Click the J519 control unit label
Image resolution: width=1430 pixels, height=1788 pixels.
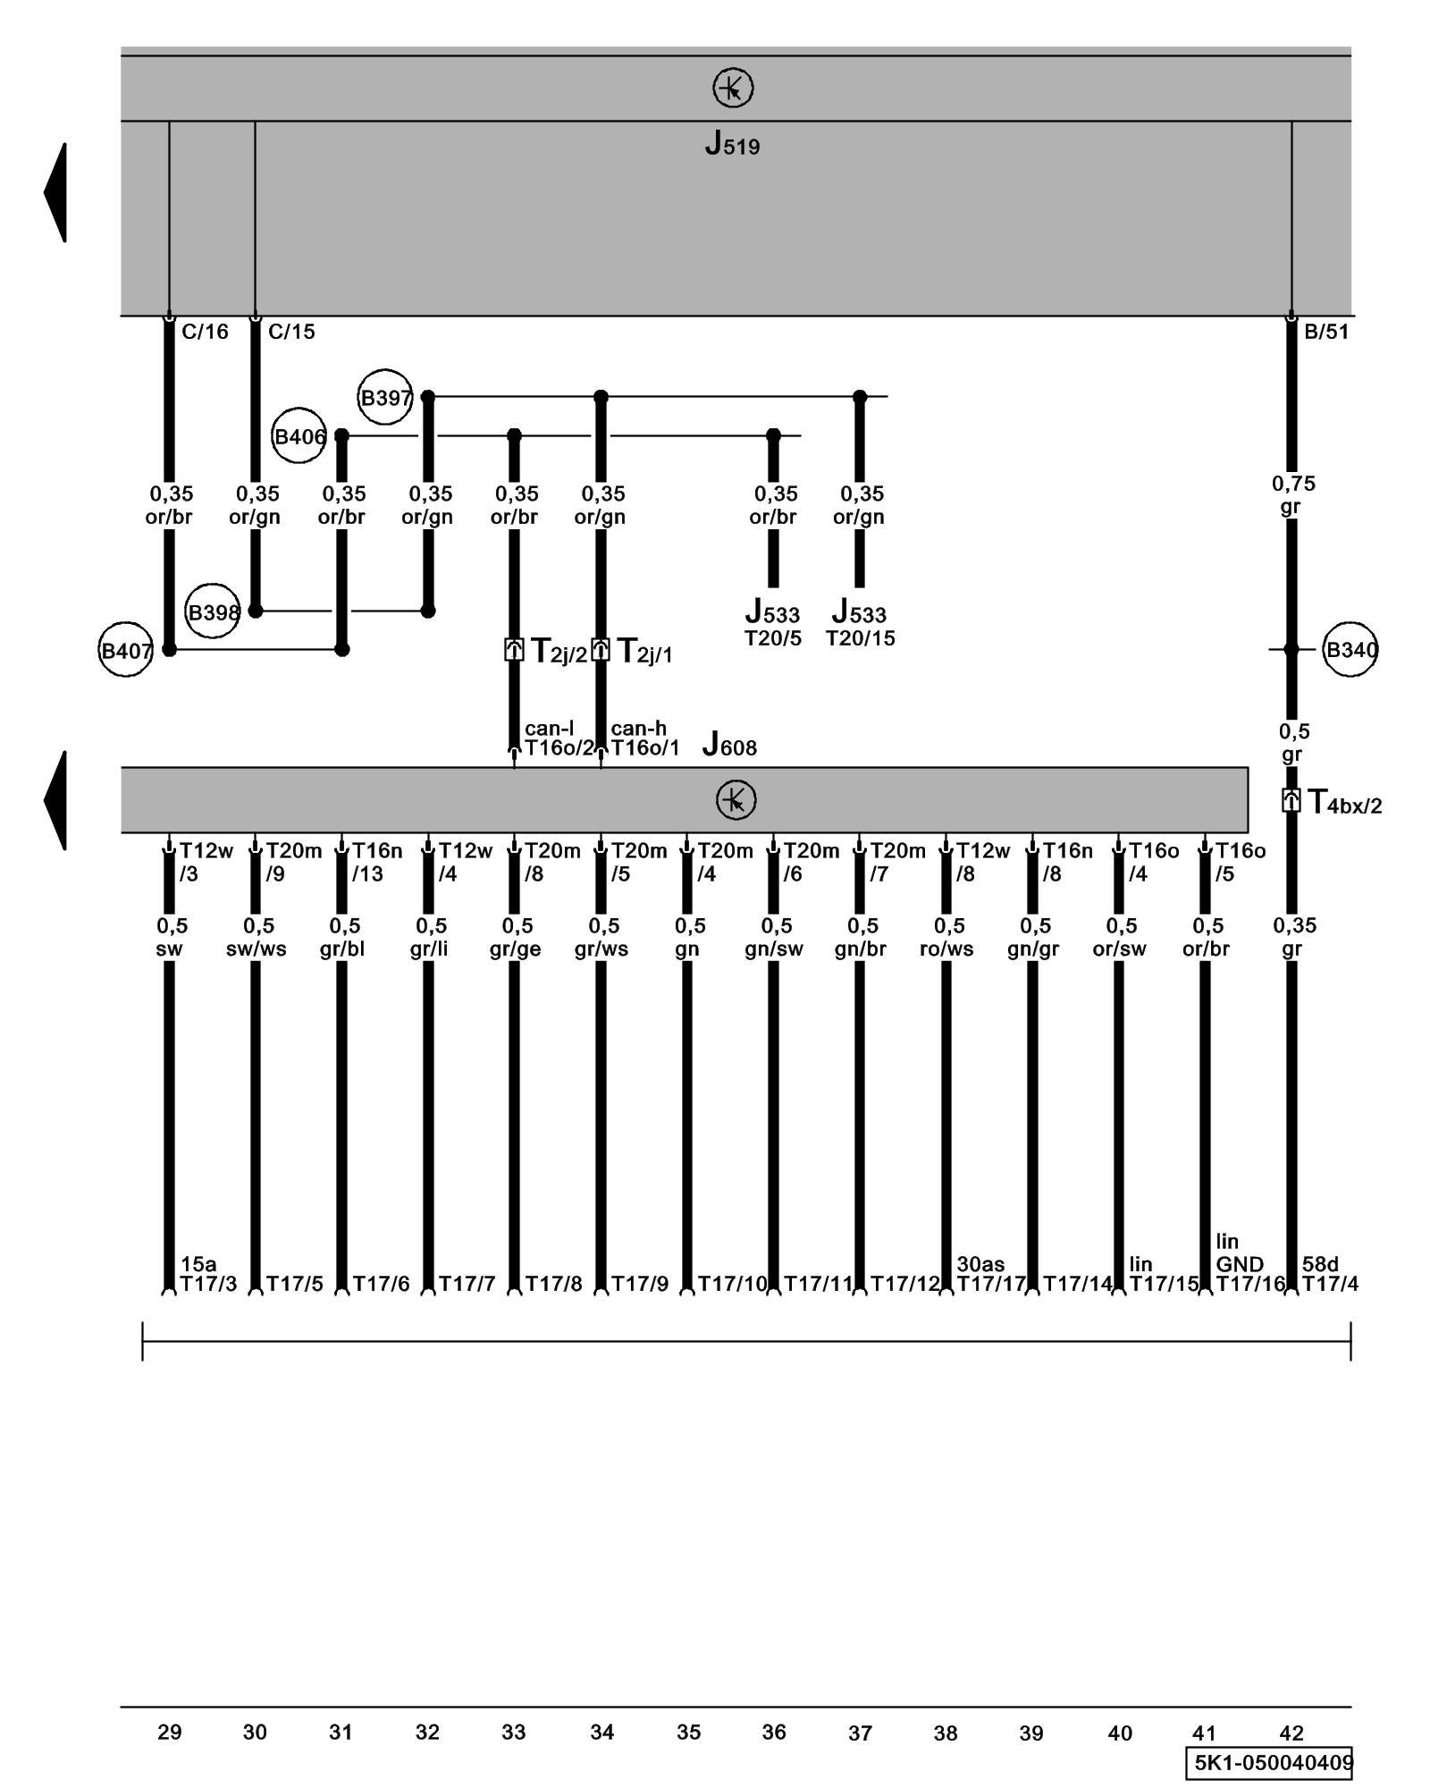click(732, 144)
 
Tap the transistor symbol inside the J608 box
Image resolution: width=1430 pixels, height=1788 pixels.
click(736, 799)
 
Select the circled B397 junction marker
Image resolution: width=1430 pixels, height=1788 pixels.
click(385, 397)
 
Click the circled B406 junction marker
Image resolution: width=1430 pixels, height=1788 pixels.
click(299, 436)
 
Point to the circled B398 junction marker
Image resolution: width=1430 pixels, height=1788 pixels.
click(213, 612)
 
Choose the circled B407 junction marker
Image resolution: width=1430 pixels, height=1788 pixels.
click(126, 650)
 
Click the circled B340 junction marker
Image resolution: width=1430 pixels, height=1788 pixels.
click(1350, 649)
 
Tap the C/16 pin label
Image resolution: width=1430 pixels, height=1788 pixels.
click(205, 332)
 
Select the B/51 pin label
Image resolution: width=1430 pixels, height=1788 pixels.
click(1326, 332)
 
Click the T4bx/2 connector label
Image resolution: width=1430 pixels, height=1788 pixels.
click(1343, 803)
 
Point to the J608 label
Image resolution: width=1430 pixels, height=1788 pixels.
click(729, 744)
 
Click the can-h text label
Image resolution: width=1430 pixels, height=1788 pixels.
click(638, 729)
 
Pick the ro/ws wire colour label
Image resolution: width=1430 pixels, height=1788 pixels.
click(946, 949)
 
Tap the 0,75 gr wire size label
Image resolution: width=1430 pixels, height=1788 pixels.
click(1293, 495)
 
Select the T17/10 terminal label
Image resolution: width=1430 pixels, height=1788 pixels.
click(732, 1285)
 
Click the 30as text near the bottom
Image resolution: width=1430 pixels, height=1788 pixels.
click(980, 1264)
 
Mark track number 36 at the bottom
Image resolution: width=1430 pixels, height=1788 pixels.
click(774, 1733)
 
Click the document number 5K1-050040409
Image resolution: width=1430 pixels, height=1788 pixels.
click(1273, 1764)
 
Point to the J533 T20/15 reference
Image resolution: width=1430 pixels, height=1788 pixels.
click(860, 625)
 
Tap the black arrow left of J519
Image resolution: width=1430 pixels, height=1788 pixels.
click(55, 192)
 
